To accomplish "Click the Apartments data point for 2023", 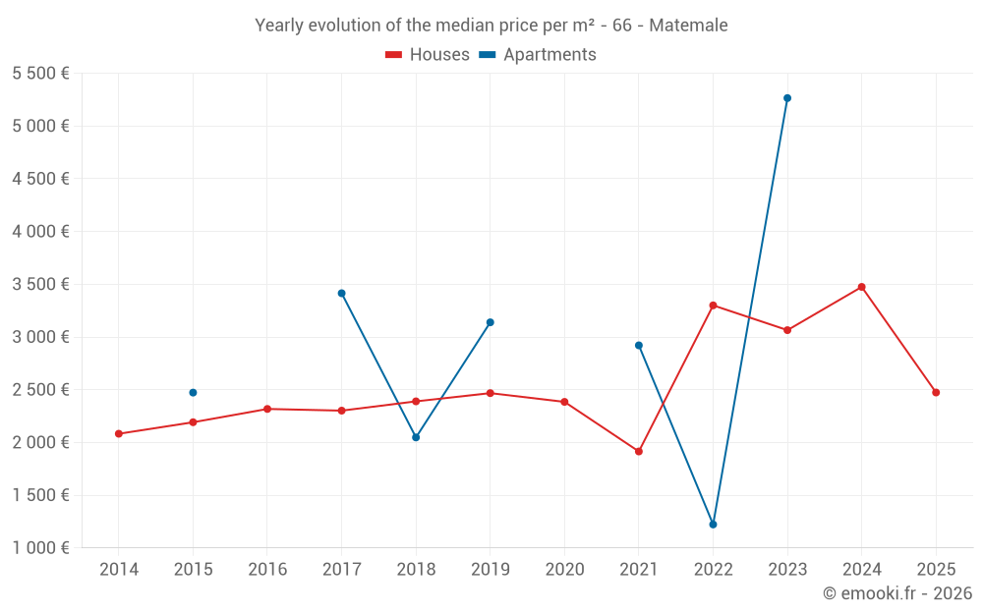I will [787, 98].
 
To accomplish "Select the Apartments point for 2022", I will [713, 525].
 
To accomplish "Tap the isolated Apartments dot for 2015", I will [193, 393].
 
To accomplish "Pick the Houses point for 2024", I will [862, 287].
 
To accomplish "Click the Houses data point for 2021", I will [639, 452].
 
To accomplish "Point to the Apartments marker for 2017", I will [341, 293].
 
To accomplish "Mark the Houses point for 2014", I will [119, 433].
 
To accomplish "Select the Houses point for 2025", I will [936, 393].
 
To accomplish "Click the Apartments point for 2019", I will [491, 322].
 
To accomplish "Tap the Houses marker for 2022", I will [713, 306].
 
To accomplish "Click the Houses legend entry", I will [428, 55].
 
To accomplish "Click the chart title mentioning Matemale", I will [491, 26].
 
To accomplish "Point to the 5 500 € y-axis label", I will [40, 74].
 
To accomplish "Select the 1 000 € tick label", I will [40, 548].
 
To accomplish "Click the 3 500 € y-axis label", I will [40, 285].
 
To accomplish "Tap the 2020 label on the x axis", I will [564, 570].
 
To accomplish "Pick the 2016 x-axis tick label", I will [267, 570].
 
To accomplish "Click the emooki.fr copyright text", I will [897, 593].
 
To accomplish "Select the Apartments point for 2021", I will [639, 346].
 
